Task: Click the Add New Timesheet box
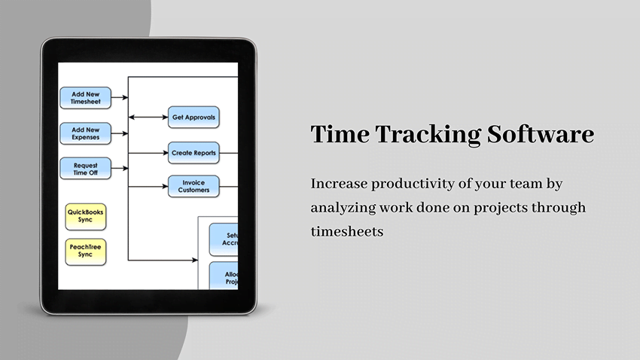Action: [85, 98]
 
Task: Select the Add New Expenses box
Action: [85, 133]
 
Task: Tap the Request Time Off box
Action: [85, 168]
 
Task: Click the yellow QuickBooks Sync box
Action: [85, 216]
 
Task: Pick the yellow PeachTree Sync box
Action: [85, 251]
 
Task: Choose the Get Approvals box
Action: [194, 117]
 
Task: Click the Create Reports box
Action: [194, 153]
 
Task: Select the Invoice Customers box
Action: [194, 186]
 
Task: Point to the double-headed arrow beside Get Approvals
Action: [148, 117]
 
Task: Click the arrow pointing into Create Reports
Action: [148, 153]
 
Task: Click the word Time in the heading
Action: [338, 135]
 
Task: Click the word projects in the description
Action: [507, 208]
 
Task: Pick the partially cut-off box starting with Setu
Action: [224, 239]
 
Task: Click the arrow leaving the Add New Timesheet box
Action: [120, 98]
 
